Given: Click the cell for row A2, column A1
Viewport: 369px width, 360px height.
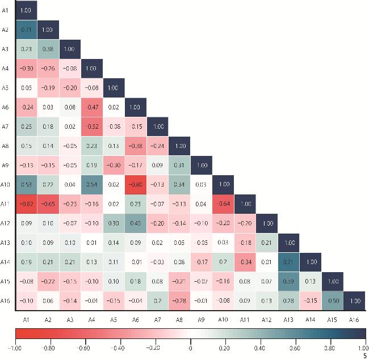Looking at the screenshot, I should pos(26,29).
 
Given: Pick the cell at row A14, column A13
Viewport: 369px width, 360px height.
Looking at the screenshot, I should pos(288,262).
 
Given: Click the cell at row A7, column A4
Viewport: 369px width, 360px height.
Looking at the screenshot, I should pos(91,125).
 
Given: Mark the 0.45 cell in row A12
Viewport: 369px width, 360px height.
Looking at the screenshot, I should pos(135,222).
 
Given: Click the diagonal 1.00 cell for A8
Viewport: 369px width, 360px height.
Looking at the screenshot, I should pos(179,145).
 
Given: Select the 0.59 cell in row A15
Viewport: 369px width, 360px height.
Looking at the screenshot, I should pos(288,281).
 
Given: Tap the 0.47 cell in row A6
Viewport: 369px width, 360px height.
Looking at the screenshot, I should pos(91,107).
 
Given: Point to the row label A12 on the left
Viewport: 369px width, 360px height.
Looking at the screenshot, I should pos(5,222).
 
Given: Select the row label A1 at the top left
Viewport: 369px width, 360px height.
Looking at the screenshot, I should pos(5,10).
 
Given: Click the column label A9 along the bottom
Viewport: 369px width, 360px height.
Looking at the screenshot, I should pos(200,320).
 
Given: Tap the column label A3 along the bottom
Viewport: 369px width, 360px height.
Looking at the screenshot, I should pos(69,320).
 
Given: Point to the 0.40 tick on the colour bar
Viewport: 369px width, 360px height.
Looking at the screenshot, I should pos(260,349).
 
